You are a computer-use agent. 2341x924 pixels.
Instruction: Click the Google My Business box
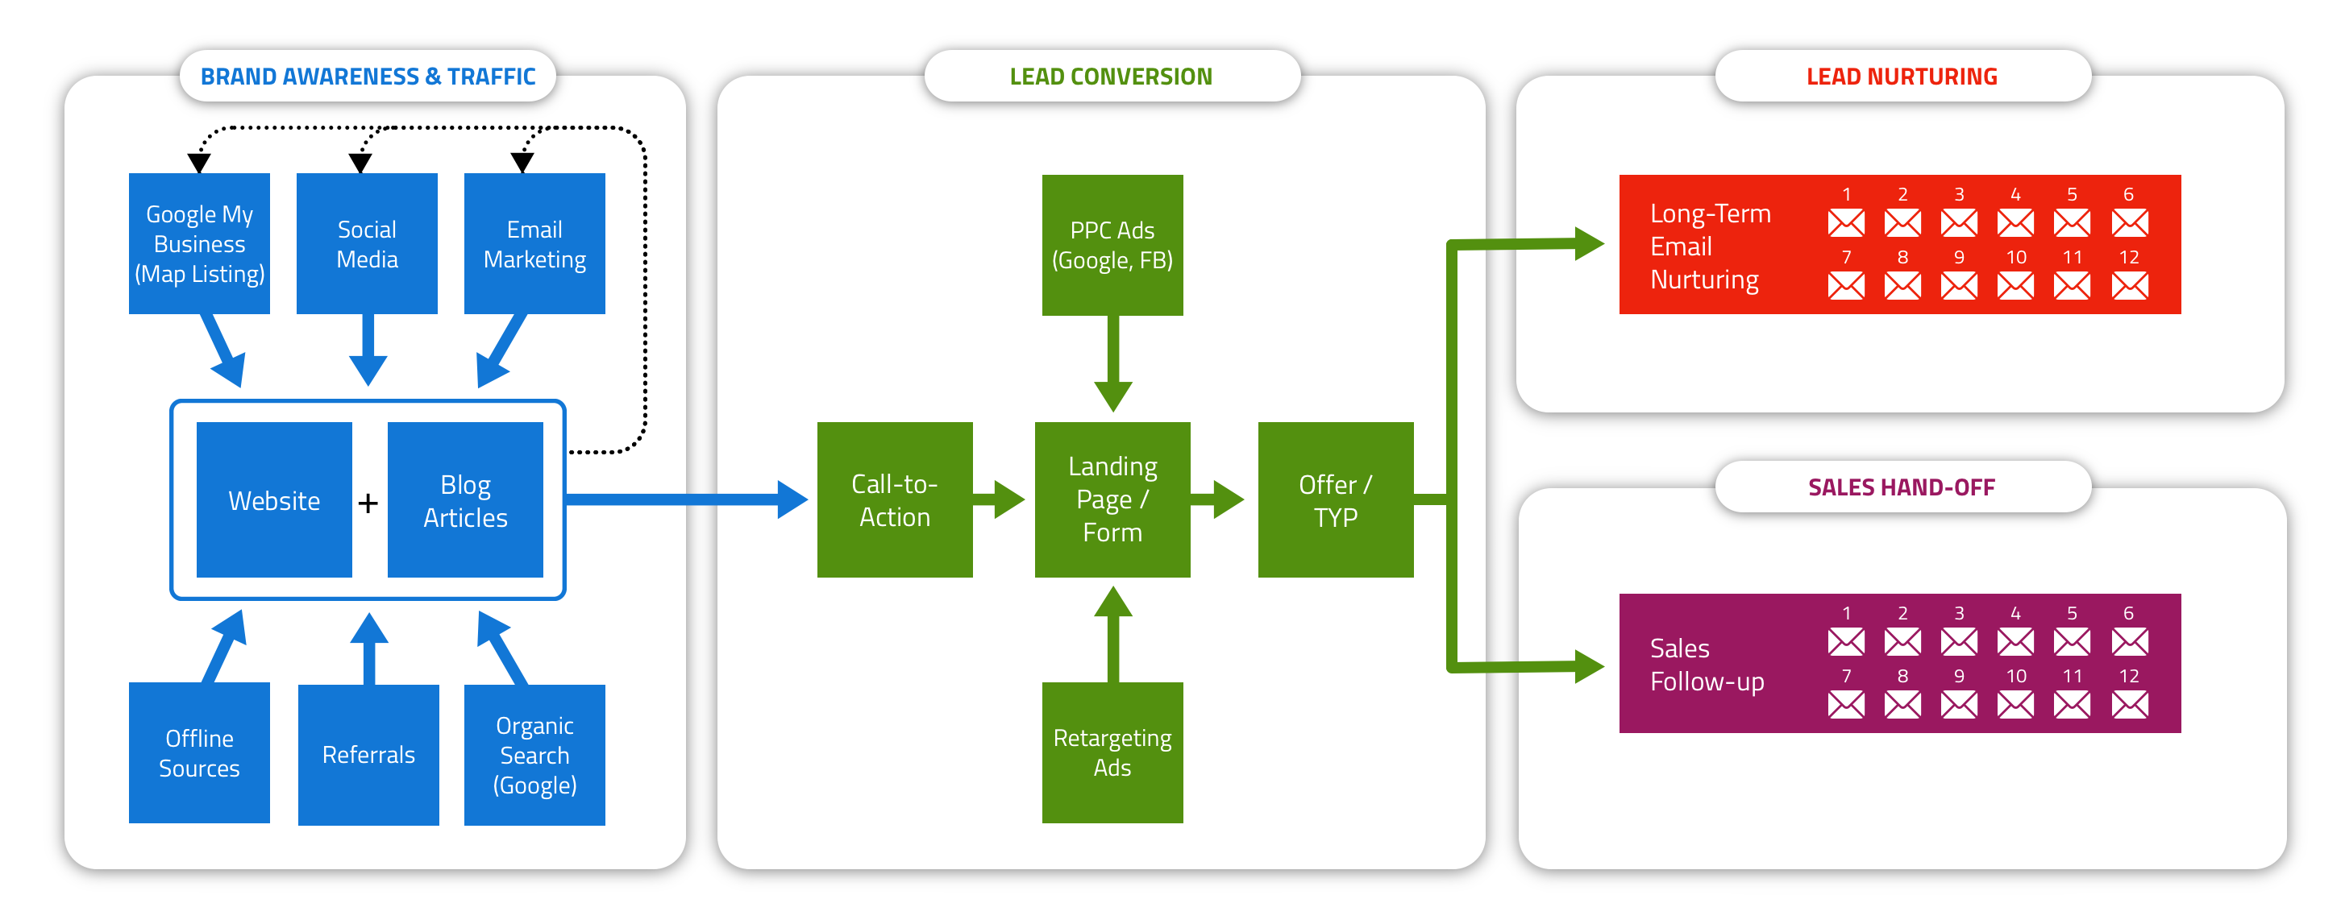199,243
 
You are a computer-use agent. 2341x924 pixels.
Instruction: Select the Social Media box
366,243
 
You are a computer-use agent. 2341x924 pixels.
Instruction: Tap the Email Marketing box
534,243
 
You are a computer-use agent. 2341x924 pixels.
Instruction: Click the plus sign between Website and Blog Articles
368,503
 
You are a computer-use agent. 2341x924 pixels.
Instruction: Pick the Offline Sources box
199,752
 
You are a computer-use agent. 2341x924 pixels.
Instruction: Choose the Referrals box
368,754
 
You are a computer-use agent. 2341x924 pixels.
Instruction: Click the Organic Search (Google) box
534,754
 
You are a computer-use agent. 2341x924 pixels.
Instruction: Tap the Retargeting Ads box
1112,752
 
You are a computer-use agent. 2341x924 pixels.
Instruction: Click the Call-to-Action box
894,499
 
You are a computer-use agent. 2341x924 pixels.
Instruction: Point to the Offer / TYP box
1335,499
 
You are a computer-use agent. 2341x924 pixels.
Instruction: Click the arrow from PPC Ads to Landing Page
1112,363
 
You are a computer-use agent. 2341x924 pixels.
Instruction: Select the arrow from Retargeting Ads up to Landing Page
1112,636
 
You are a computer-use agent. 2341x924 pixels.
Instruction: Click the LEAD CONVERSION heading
1111,77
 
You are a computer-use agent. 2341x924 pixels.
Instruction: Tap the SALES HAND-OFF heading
1901,487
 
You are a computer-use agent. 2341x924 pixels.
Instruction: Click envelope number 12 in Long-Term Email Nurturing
2129,286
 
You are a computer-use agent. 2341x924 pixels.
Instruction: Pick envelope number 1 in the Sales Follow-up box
1846,642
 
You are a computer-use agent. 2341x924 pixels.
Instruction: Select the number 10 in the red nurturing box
2015,257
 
